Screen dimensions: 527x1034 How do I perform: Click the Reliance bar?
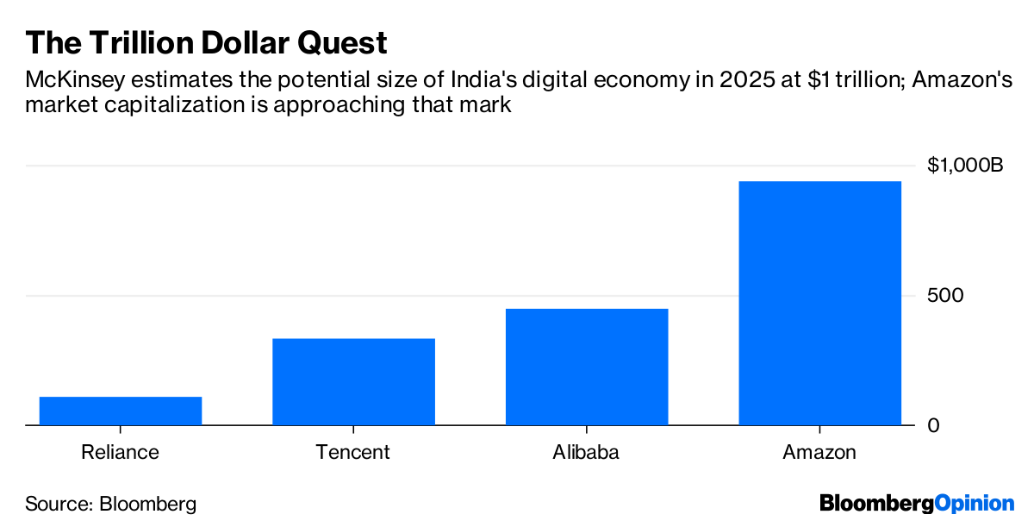click(x=121, y=411)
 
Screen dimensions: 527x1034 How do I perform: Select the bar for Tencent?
click(x=353, y=381)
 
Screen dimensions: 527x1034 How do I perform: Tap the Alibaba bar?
click(x=587, y=367)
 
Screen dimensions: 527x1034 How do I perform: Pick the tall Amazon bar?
click(x=819, y=303)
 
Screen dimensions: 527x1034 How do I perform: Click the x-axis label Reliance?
click(x=120, y=452)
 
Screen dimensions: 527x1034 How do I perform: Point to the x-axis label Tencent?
click(x=352, y=452)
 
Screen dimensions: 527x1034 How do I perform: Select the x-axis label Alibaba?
click(x=586, y=452)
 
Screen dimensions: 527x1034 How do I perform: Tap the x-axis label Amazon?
click(x=819, y=452)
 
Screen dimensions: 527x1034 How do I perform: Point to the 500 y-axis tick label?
click(x=945, y=296)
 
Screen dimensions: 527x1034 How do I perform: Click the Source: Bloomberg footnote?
click(x=111, y=504)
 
